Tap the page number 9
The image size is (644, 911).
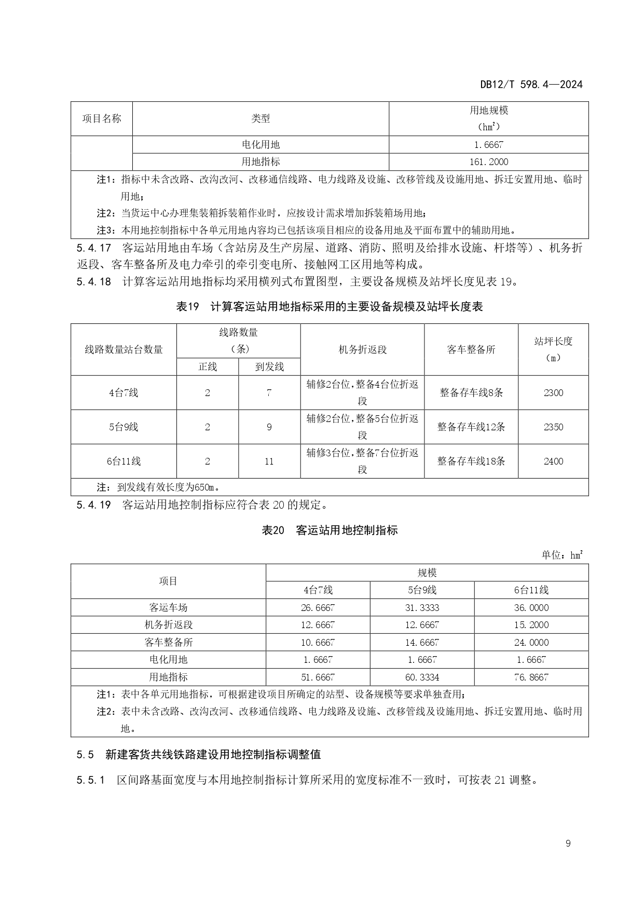point(568,844)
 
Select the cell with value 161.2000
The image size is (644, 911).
point(488,162)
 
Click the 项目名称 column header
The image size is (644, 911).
point(102,118)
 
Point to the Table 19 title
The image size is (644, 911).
point(330,307)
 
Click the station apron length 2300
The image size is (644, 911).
point(553,393)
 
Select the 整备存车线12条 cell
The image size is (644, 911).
point(471,427)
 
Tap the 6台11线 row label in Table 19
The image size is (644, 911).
point(124,461)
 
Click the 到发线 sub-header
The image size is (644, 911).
point(269,367)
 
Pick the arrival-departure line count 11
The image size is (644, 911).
point(269,461)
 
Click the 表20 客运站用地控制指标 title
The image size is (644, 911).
point(330,530)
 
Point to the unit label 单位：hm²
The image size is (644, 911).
point(562,555)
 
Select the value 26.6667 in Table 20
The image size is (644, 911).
point(318,608)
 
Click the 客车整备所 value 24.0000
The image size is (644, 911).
point(531,643)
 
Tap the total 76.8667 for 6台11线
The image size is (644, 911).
point(531,677)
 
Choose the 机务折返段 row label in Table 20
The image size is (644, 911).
point(168,625)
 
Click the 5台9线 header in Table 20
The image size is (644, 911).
point(421,590)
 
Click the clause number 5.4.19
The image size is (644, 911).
point(93,505)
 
